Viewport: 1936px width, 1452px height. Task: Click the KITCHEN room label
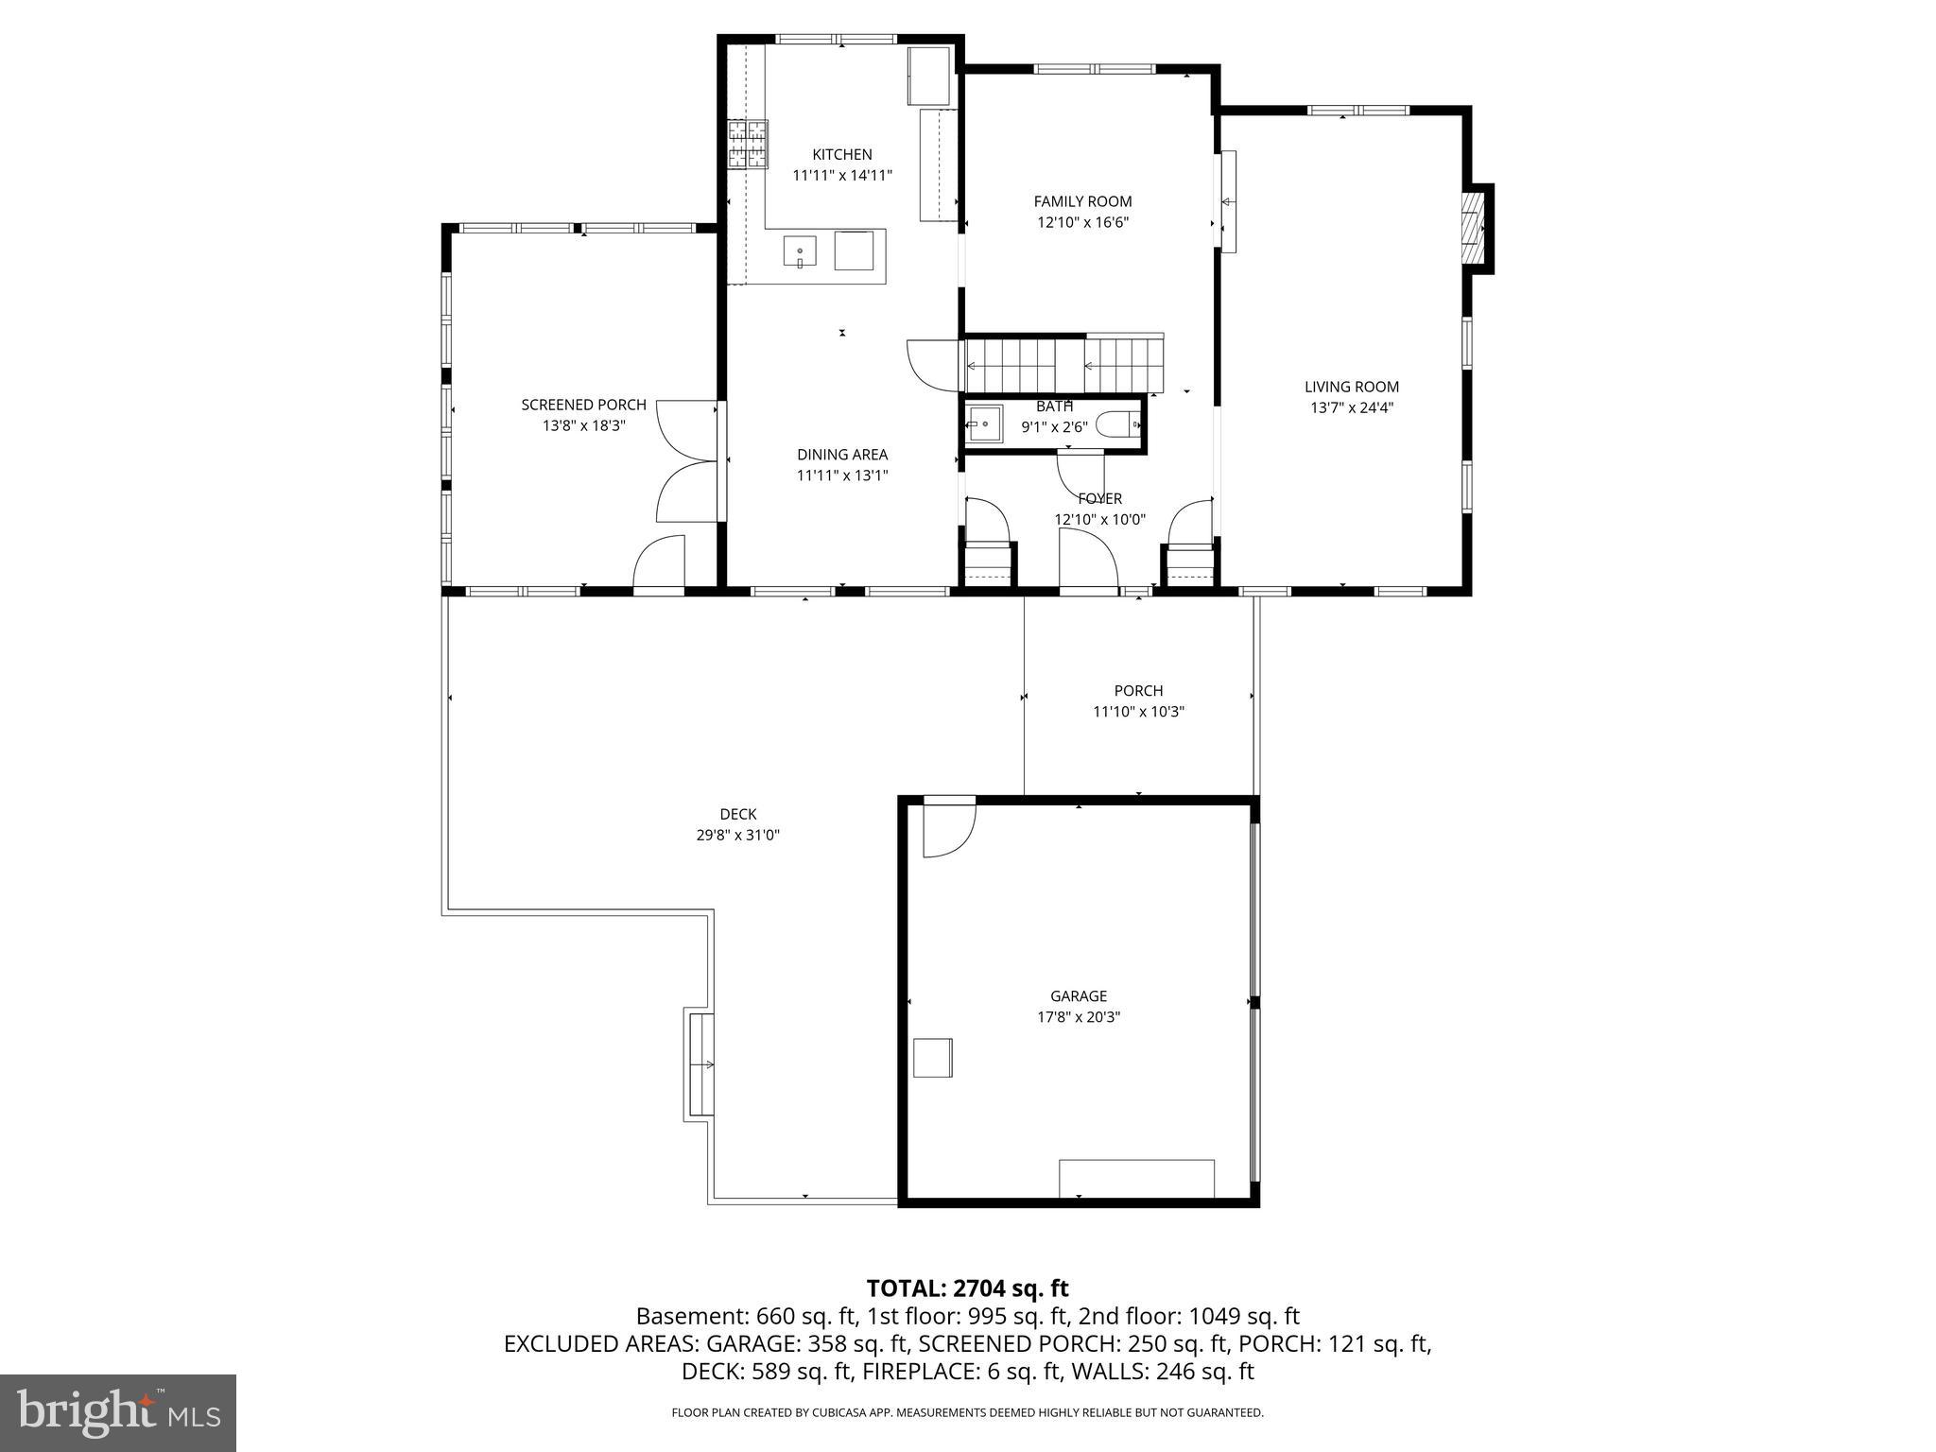click(841, 154)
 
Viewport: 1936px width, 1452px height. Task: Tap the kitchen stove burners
click(747, 145)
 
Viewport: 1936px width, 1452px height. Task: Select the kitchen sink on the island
click(800, 252)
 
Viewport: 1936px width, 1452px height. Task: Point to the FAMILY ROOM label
click(1082, 201)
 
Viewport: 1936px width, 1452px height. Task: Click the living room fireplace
click(1475, 229)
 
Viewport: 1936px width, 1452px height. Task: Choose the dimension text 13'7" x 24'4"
click(1352, 408)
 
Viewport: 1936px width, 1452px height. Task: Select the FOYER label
click(1099, 498)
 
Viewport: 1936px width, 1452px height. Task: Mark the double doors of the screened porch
click(687, 461)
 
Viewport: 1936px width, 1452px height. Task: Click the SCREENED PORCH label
click(583, 405)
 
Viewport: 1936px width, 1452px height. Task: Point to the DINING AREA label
click(841, 455)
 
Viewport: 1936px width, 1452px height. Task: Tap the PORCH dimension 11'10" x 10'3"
click(1138, 712)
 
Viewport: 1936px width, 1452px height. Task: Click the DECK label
click(737, 814)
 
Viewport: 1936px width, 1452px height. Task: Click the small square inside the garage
click(932, 1057)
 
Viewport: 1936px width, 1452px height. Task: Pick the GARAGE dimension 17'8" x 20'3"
click(1078, 1017)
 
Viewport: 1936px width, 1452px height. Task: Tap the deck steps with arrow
click(700, 1064)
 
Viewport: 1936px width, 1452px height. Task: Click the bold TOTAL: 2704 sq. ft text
click(967, 1288)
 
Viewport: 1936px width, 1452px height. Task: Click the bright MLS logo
click(118, 1412)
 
